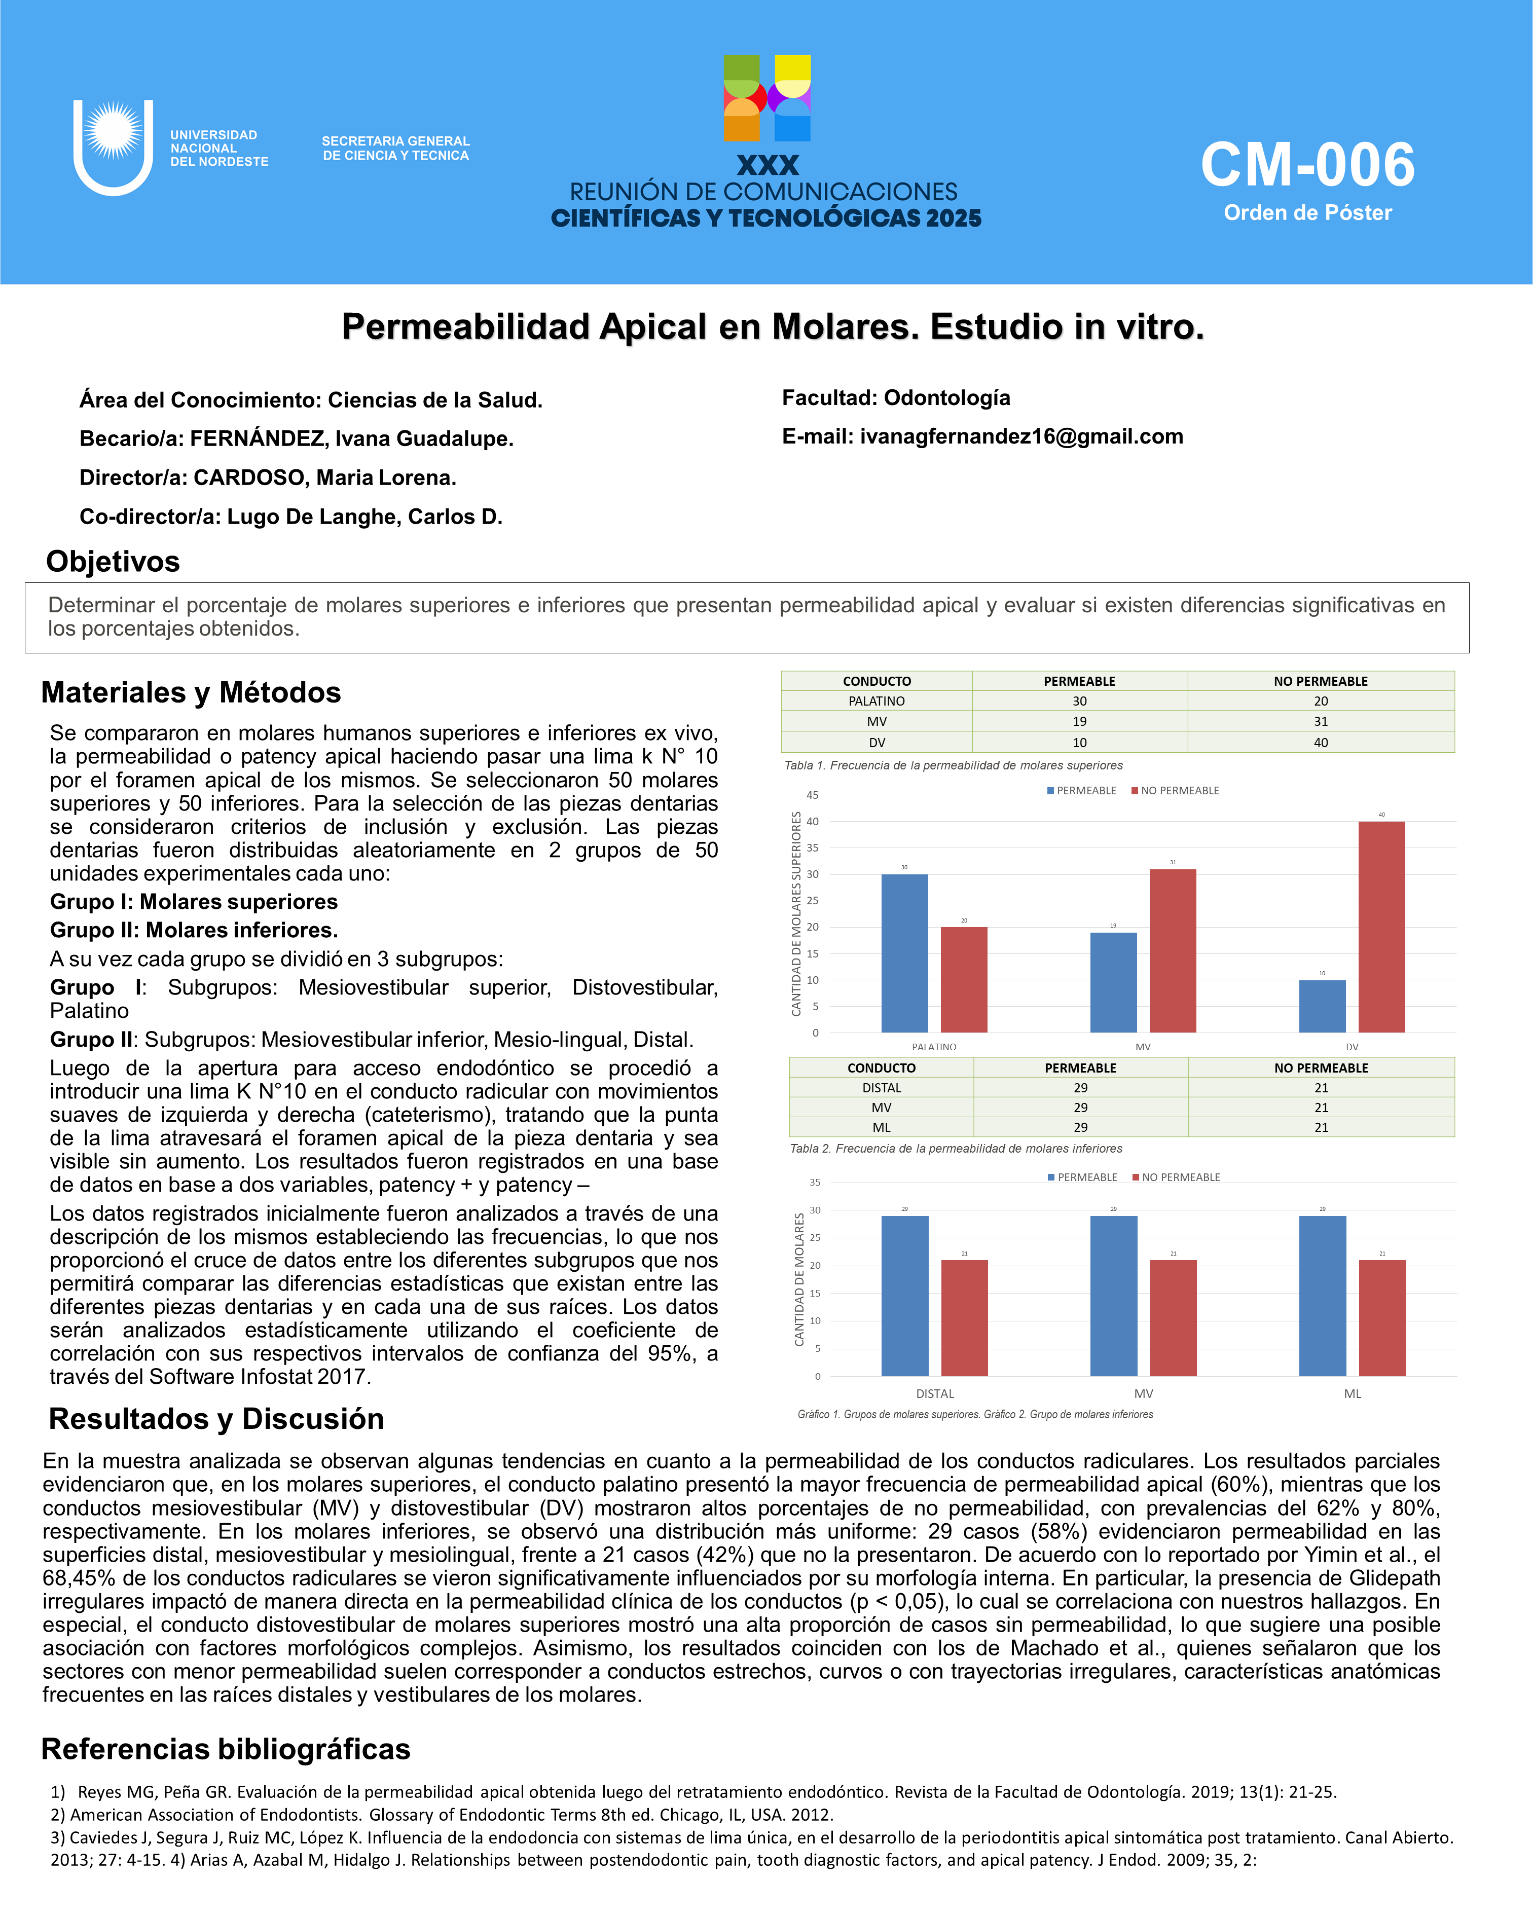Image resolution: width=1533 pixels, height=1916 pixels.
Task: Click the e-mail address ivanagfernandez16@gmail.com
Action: [1021, 436]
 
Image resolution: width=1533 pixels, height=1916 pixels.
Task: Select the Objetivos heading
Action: [113, 562]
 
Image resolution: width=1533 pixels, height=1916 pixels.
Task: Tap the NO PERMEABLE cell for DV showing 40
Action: [1321, 743]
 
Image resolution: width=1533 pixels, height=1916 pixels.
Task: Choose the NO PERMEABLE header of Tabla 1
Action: [1321, 682]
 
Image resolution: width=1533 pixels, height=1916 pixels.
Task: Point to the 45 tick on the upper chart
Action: [812, 795]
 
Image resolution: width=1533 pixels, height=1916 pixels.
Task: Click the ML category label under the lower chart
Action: [1352, 1393]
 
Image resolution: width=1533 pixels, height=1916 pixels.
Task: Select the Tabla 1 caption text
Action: [953, 765]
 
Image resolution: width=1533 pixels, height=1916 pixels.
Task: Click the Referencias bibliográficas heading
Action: [226, 1749]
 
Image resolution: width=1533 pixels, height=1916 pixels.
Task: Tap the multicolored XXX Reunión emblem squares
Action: [767, 98]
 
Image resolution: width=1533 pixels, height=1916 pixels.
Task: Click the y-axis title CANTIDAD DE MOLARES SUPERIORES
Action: [796, 913]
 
